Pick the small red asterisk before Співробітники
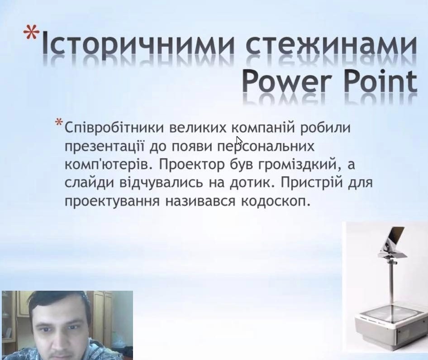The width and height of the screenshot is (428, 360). pyautogui.click(x=59, y=122)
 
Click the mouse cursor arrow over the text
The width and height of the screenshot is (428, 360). pyautogui.click(x=239, y=141)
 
